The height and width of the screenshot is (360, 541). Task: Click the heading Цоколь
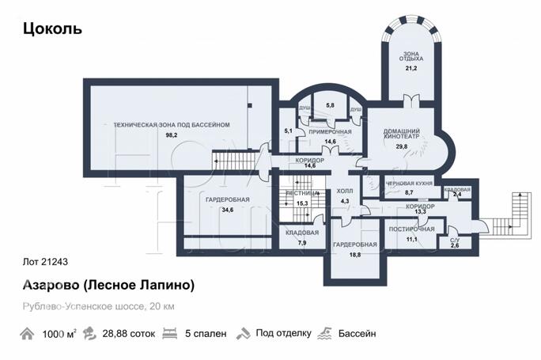52,29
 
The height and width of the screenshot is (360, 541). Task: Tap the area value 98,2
172,135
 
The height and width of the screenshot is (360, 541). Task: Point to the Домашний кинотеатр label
402,135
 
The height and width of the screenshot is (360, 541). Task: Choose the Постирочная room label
412,229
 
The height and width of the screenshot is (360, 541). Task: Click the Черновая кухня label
409,182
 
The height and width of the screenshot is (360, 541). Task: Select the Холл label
344,191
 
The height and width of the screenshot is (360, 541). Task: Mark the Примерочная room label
331,132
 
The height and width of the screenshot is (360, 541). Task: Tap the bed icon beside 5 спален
168,333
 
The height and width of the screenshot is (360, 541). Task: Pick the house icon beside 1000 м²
30,333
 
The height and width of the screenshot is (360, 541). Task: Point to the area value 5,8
330,105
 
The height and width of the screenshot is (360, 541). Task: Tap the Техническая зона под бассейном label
172,125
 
